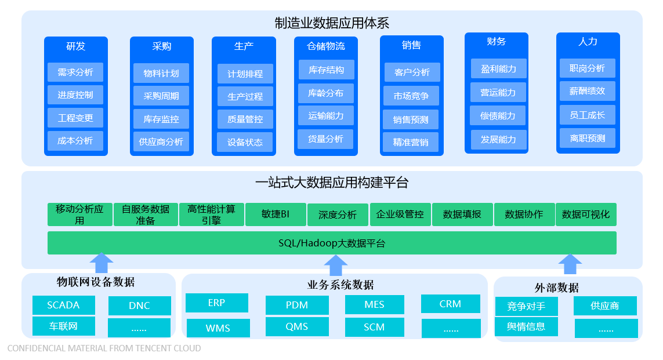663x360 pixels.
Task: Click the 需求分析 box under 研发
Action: tap(75, 72)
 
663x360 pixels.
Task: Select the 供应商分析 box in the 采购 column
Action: tap(161, 141)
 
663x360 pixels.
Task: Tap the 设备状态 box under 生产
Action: tap(245, 143)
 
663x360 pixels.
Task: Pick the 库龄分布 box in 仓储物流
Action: tap(325, 93)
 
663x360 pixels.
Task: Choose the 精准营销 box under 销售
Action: tap(411, 143)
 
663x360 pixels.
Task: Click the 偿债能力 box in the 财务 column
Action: tap(498, 116)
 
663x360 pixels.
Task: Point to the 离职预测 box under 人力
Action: tap(588, 138)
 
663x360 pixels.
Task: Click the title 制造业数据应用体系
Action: tap(332, 23)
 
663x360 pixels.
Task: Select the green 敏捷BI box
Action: tap(276, 214)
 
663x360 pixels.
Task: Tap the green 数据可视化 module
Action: tap(586, 214)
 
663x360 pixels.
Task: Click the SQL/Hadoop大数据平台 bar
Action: tap(332, 243)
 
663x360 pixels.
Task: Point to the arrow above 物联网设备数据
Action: tap(102, 263)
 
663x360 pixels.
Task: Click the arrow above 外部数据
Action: tap(570, 264)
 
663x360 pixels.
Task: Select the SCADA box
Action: tap(63, 305)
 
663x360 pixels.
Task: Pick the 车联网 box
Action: tap(63, 326)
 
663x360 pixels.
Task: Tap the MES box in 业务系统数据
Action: tap(374, 305)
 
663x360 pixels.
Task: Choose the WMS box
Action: tap(218, 328)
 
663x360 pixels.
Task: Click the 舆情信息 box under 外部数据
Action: tap(526, 326)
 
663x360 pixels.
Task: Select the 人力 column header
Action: tap(588, 42)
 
